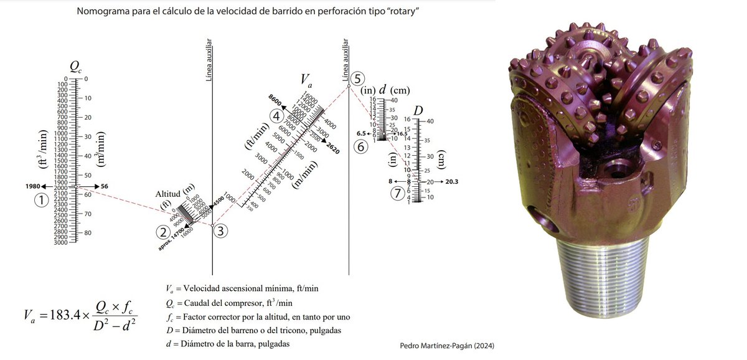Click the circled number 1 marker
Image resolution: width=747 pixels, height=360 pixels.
click(41, 201)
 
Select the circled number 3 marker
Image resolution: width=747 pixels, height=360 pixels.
click(221, 230)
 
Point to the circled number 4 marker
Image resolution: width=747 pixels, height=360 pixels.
click(277, 115)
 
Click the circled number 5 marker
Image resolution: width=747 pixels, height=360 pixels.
click(356, 78)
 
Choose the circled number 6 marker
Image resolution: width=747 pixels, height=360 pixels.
click(360, 147)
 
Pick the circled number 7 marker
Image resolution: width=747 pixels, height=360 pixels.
click(397, 193)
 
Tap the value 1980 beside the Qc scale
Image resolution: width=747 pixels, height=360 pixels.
click(34, 186)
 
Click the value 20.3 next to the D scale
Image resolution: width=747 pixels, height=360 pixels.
click(453, 182)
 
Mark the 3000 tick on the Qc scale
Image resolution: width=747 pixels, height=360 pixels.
click(61, 242)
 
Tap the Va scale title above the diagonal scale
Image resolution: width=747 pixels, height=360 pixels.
click(306, 80)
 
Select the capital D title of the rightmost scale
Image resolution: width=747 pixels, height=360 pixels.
click(418, 110)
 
